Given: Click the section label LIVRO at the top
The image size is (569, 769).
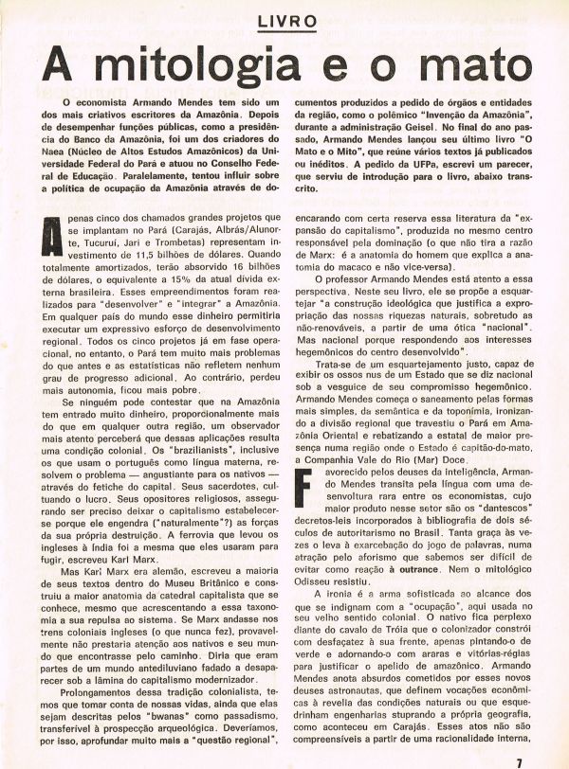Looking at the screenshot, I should pos(284,21).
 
